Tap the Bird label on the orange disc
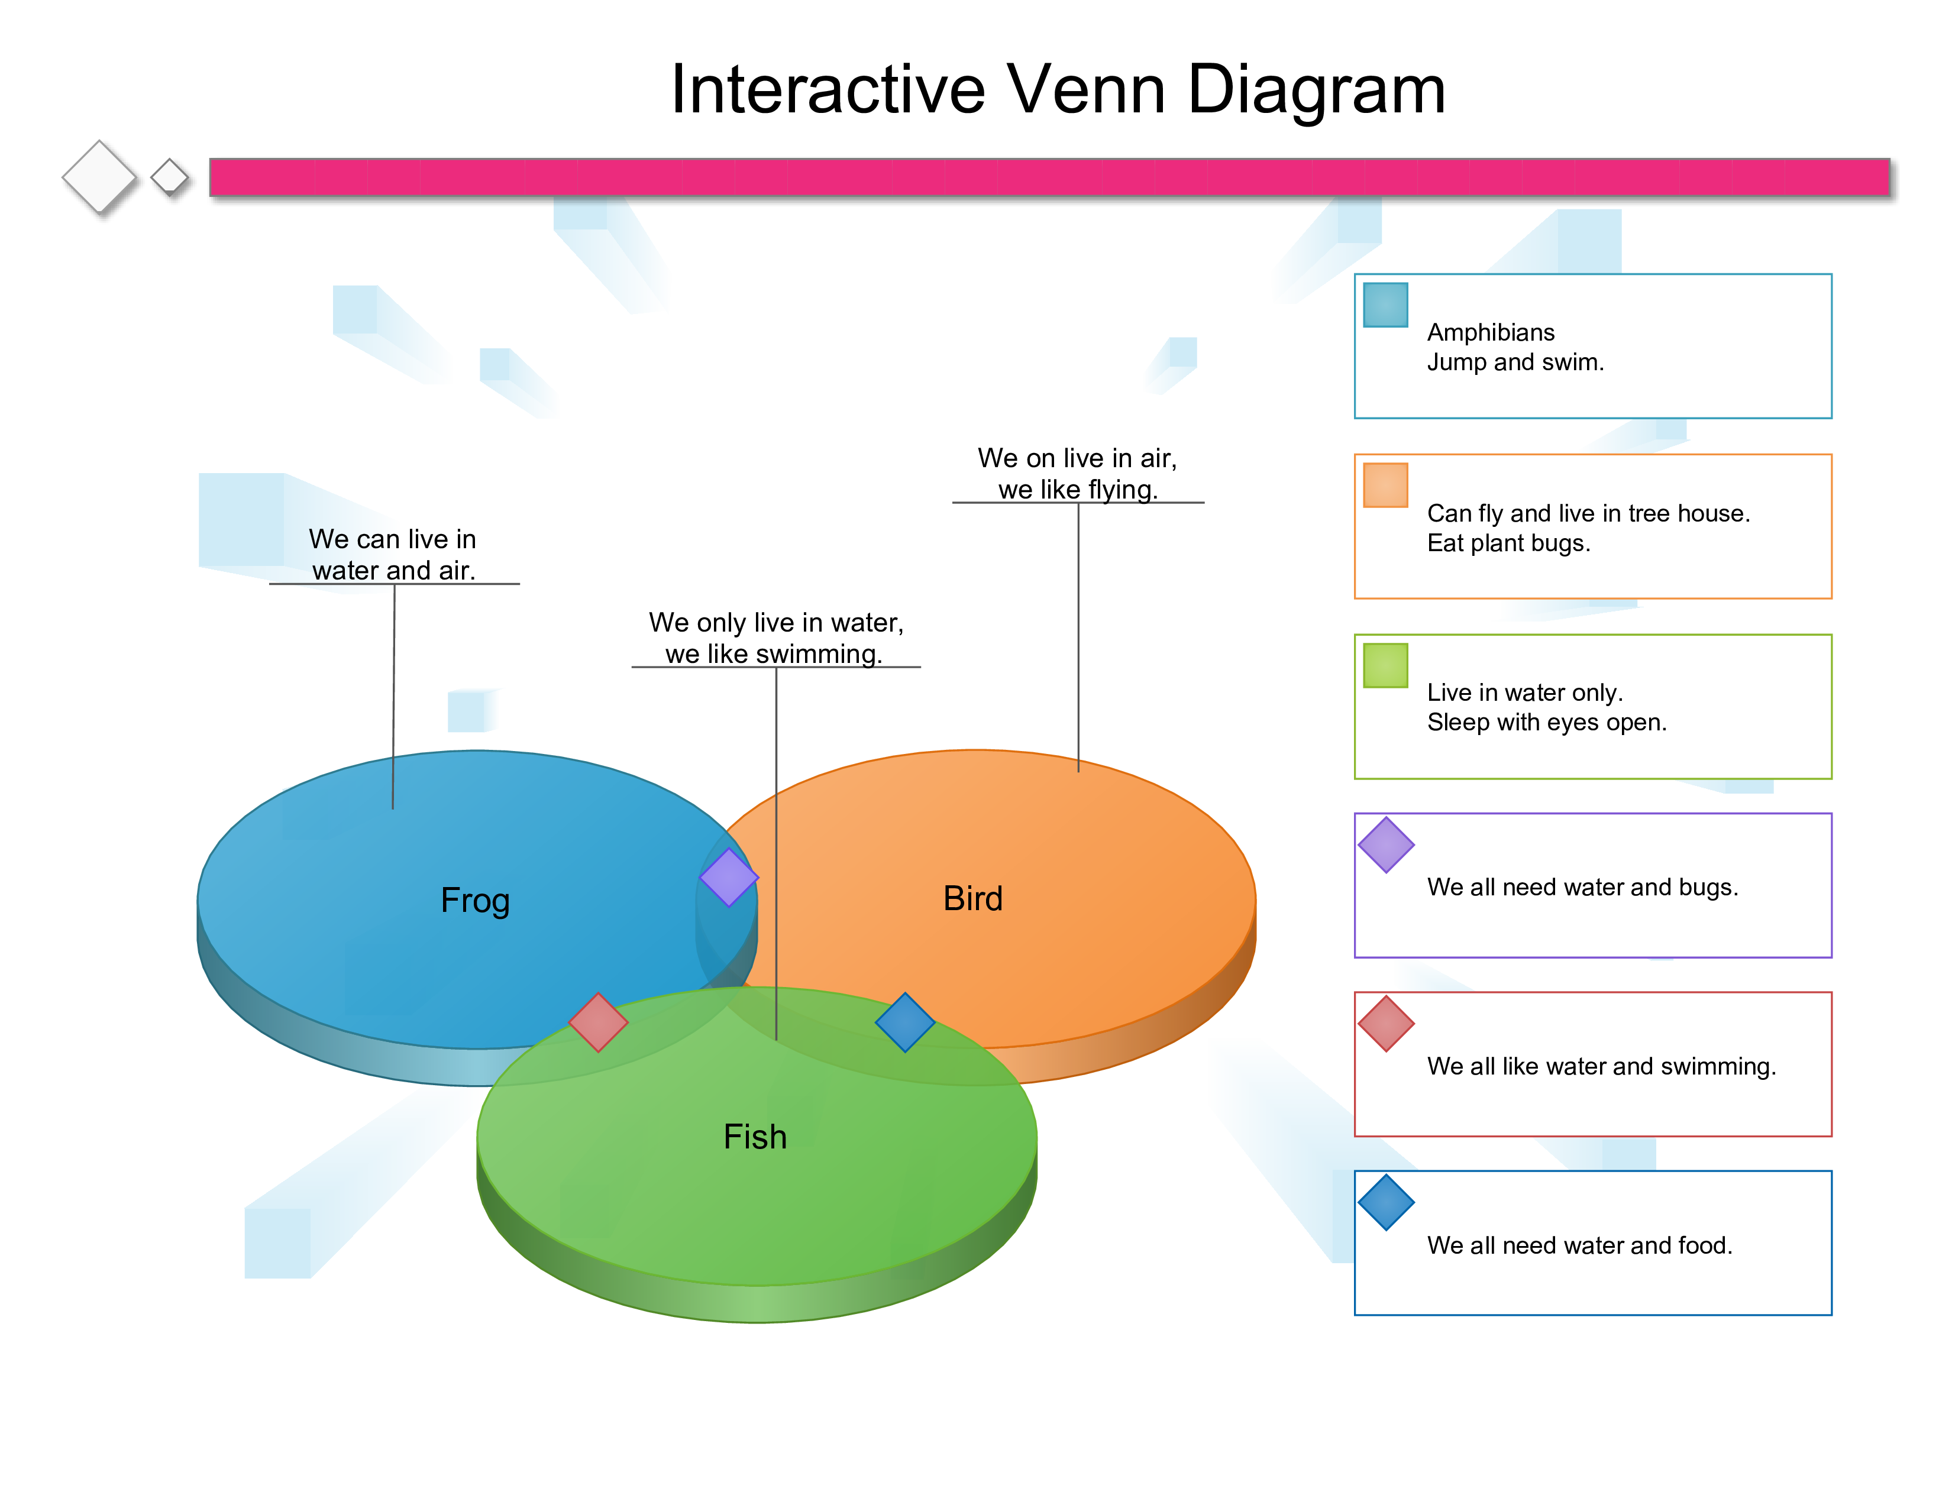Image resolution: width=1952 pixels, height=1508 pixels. (972, 899)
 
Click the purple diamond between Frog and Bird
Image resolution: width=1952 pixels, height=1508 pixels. (728, 877)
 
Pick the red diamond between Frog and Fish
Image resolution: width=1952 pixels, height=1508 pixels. (598, 1022)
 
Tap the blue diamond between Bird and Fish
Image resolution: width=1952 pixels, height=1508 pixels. (904, 1022)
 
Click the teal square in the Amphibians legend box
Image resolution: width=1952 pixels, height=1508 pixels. (1385, 305)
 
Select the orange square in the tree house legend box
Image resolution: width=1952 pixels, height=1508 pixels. (1385, 485)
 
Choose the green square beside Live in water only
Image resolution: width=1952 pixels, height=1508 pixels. (1385, 665)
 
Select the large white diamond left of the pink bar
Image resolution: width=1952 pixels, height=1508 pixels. (99, 177)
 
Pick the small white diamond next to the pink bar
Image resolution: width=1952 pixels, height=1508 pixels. (169, 177)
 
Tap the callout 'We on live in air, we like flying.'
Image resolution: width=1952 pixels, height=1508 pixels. (1077, 473)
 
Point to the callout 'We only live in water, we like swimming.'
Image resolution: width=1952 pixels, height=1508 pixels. (776, 638)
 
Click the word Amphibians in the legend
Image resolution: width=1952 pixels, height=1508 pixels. (1491, 332)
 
